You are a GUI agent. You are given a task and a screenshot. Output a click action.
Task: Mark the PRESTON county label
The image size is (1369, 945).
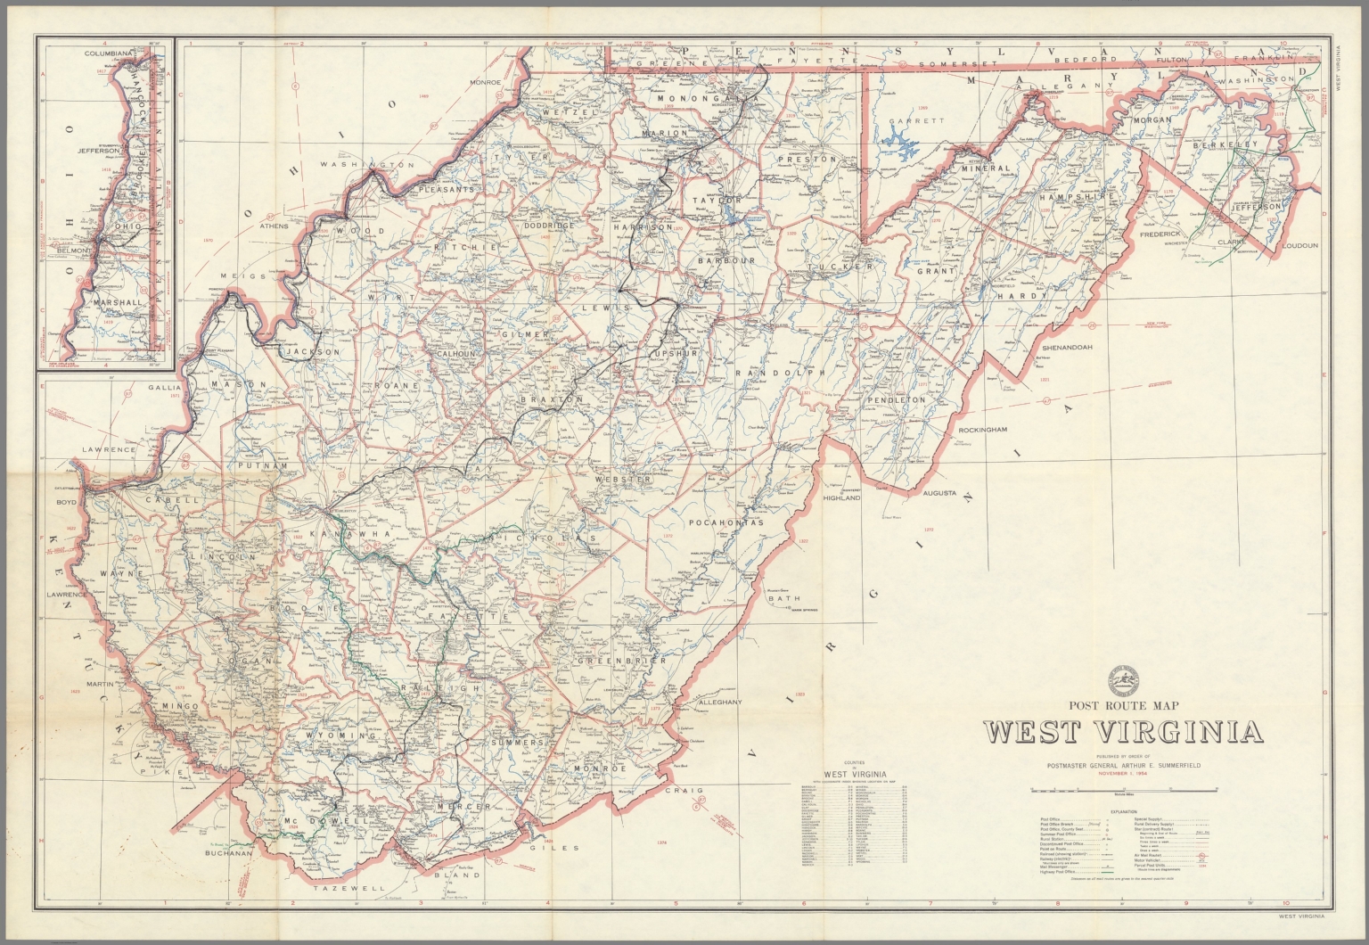tap(807, 159)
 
